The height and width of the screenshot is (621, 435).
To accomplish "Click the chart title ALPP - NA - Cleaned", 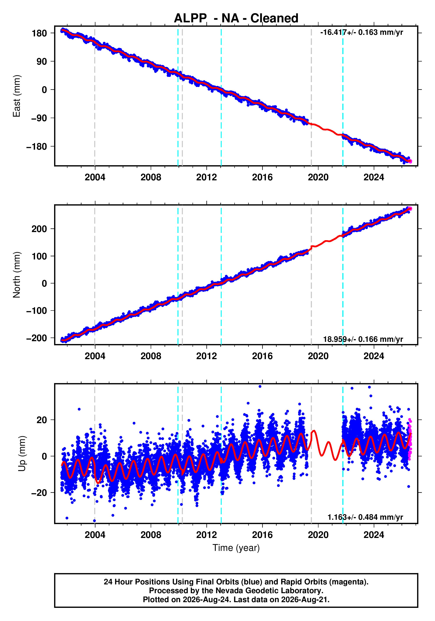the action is pyautogui.click(x=236, y=18).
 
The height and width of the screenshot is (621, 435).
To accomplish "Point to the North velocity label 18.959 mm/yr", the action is pyautogui.click(x=363, y=339).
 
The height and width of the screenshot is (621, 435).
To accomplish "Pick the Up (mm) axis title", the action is pyautogui.click(x=22, y=454).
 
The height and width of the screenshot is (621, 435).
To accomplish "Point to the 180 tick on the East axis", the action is pyautogui.click(x=39, y=33).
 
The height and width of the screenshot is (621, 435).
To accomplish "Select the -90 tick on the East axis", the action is pyautogui.click(x=39, y=118).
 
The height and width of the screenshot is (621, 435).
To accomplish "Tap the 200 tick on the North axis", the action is pyautogui.click(x=39, y=229).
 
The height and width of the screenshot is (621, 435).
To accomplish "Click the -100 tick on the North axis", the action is pyautogui.click(x=37, y=311).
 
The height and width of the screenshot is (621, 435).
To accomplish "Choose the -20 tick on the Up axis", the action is pyautogui.click(x=39, y=493).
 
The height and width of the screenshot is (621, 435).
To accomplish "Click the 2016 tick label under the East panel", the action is pyautogui.click(x=262, y=177).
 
